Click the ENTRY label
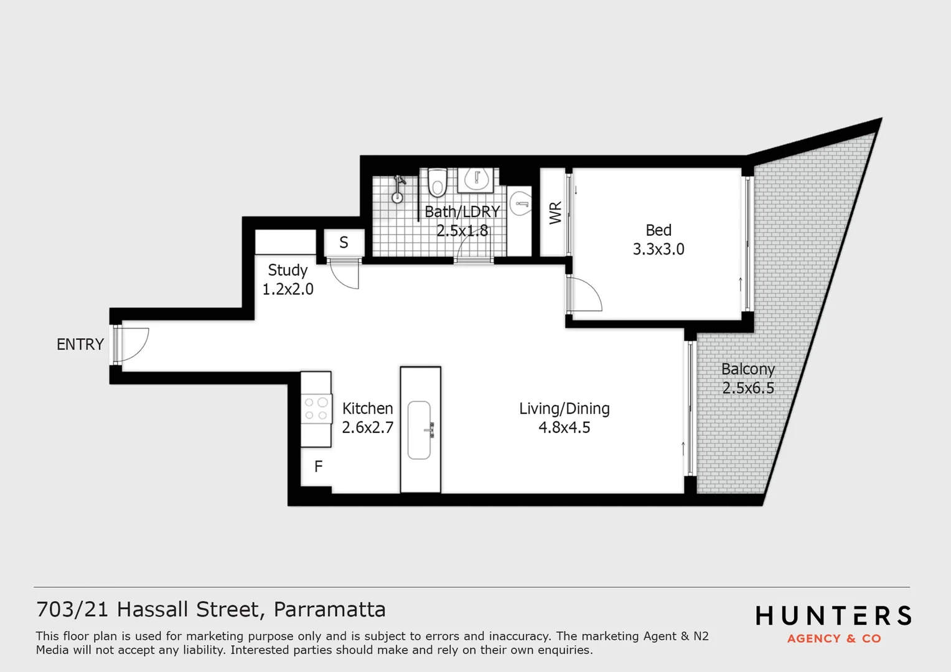point(80,344)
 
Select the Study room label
point(288,271)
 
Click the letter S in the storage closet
point(344,243)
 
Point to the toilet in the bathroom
point(438,182)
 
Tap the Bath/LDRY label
point(462,212)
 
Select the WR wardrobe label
point(555,213)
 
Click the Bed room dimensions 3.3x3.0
point(658,249)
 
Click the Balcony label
point(748,370)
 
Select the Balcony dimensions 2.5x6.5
point(748,388)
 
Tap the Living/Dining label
point(565,409)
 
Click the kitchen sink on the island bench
point(419,430)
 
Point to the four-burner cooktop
point(316,408)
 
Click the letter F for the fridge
point(319,467)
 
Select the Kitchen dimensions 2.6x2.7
point(368,427)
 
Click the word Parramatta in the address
point(329,610)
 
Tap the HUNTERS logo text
point(833,615)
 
